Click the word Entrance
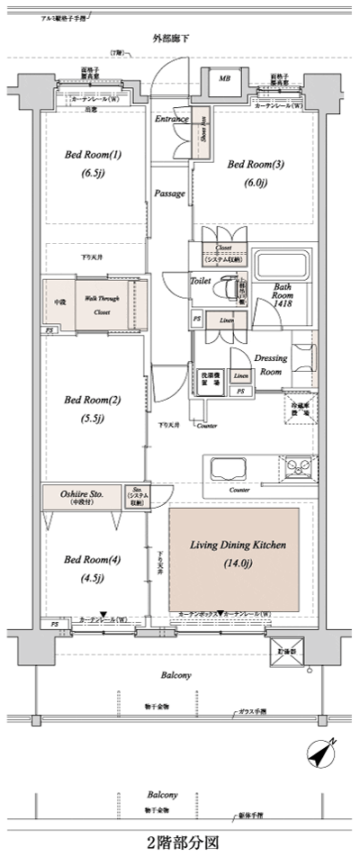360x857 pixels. (171, 119)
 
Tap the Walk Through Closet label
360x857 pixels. (100, 306)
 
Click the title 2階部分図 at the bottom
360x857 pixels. (180, 843)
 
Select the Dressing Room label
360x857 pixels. (271, 363)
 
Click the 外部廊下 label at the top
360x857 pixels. (172, 39)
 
